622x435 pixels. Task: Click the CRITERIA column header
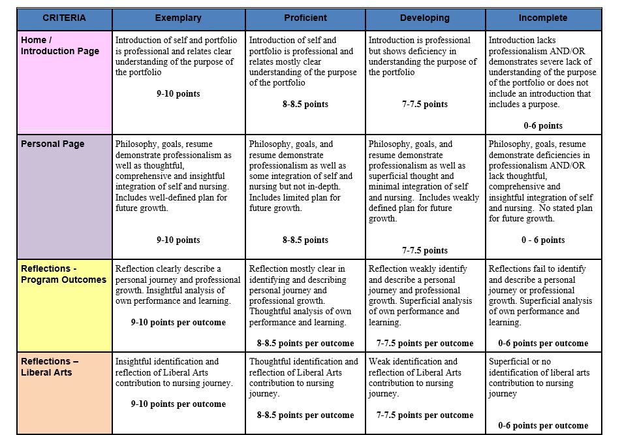(x=64, y=18)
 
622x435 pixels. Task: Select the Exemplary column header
(x=178, y=18)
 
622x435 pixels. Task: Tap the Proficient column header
(x=305, y=18)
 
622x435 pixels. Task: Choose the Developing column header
(x=425, y=18)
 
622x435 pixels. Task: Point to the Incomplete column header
(x=543, y=18)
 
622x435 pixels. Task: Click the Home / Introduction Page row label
(x=60, y=46)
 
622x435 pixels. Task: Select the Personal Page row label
(x=52, y=144)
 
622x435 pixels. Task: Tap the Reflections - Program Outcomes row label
(x=63, y=274)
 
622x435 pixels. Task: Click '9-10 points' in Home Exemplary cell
(x=178, y=94)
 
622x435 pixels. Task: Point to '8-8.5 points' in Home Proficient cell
(x=305, y=105)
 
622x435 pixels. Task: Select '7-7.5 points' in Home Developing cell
(x=425, y=105)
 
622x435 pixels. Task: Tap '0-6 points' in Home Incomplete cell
(x=543, y=126)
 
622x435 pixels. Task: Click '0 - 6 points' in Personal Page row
(x=543, y=240)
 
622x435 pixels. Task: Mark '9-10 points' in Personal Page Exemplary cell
(x=178, y=240)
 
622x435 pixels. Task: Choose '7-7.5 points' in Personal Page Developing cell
(x=425, y=251)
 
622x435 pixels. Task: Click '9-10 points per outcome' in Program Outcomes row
(x=178, y=323)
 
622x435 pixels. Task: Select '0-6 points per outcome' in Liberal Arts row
(x=543, y=426)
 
